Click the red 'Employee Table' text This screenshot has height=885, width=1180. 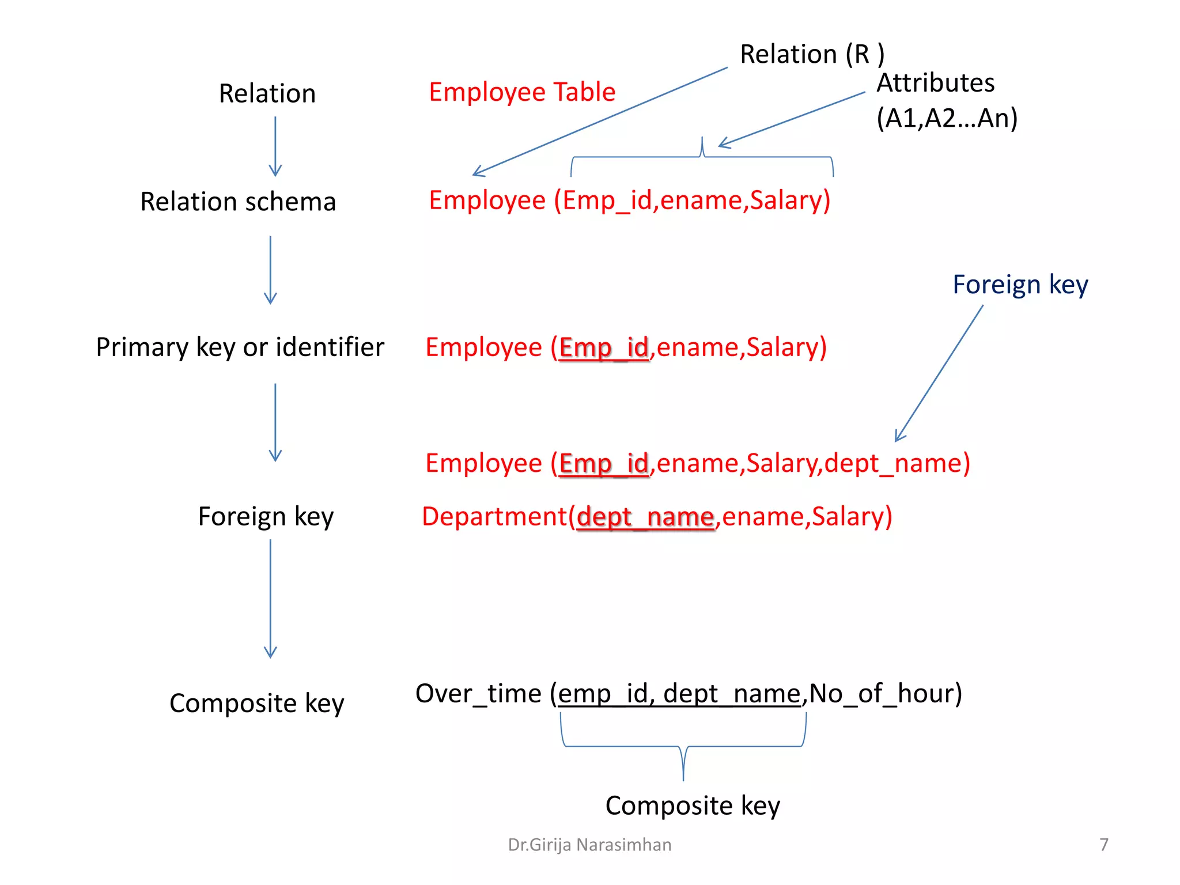(x=522, y=92)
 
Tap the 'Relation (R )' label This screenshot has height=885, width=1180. (x=811, y=54)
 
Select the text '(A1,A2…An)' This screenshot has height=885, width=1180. (x=947, y=118)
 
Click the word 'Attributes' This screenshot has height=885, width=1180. (x=935, y=83)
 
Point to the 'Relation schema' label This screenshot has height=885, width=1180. (x=238, y=202)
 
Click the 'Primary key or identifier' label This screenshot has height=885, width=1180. (x=240, y=347)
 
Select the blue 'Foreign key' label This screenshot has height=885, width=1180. (x=1020, y=285)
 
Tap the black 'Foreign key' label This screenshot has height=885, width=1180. (x=266, y=516)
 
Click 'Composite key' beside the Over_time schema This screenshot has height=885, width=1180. (x=256, y=704)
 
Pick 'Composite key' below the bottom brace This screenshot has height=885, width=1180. (x=693, y=805)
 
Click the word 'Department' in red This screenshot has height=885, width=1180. (x=494, y=516)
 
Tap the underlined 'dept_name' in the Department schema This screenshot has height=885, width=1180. (x=645, y=517)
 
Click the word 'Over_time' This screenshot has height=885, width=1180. (x=478, y=693)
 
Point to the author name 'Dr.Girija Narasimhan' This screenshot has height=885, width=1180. (x=589, y=845)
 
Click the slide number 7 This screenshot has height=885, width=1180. (x=1103, y=845)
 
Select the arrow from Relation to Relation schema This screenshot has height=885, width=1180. (x=275, y=146)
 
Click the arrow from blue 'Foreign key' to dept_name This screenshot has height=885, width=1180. (x=939, y=373)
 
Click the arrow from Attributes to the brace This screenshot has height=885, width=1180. (x=792, y=119)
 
